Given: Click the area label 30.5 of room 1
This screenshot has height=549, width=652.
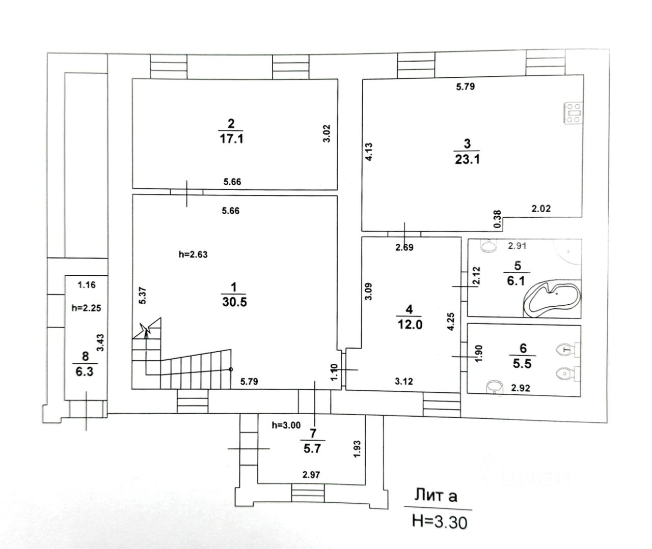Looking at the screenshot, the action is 234,302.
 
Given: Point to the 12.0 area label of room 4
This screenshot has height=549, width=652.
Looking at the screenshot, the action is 410,324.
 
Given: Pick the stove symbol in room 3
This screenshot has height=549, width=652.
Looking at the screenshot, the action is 574,113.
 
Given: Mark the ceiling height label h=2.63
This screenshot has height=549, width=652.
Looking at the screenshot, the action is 194,255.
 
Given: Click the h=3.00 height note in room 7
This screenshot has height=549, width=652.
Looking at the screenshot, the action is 287,425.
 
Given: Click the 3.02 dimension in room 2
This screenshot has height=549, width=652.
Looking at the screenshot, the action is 328,133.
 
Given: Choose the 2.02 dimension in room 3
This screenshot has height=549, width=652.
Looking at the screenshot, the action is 541,208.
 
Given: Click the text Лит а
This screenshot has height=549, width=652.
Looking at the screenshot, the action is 436,495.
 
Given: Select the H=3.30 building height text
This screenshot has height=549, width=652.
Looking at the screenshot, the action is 439,521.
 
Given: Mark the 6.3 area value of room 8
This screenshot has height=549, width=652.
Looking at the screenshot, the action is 85,371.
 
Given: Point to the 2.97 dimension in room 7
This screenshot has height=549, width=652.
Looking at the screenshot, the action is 311,475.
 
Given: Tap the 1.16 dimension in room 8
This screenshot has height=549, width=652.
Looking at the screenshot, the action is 87,285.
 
